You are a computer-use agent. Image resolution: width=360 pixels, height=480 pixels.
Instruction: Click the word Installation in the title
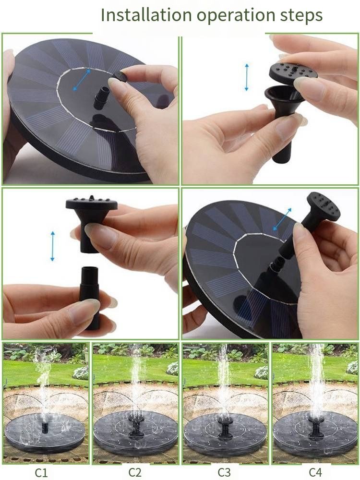(146, 14)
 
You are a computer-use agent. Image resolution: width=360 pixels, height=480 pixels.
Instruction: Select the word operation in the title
(236, 16)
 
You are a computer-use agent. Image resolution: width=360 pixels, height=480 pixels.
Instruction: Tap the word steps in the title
(301, 16)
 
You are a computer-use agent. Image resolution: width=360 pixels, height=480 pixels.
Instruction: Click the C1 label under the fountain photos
(41, 472)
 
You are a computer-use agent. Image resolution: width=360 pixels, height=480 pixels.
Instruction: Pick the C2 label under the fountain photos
(135, 472)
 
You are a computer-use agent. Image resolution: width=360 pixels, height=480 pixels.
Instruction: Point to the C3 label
(224, 472)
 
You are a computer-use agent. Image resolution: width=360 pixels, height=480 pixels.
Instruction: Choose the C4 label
(315, 472)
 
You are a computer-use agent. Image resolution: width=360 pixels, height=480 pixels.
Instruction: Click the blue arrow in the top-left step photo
(82, 80)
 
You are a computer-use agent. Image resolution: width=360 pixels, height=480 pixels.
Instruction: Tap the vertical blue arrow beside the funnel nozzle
(246, 77)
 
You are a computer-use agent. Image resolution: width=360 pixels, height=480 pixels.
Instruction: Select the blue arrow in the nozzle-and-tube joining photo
(53, 246)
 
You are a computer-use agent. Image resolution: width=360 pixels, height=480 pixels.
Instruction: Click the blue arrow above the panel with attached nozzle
(282, 219)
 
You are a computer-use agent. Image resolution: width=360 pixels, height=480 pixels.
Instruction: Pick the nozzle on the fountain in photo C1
(45, 428)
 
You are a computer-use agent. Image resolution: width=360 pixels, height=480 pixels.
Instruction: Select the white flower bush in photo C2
(173, 368)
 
